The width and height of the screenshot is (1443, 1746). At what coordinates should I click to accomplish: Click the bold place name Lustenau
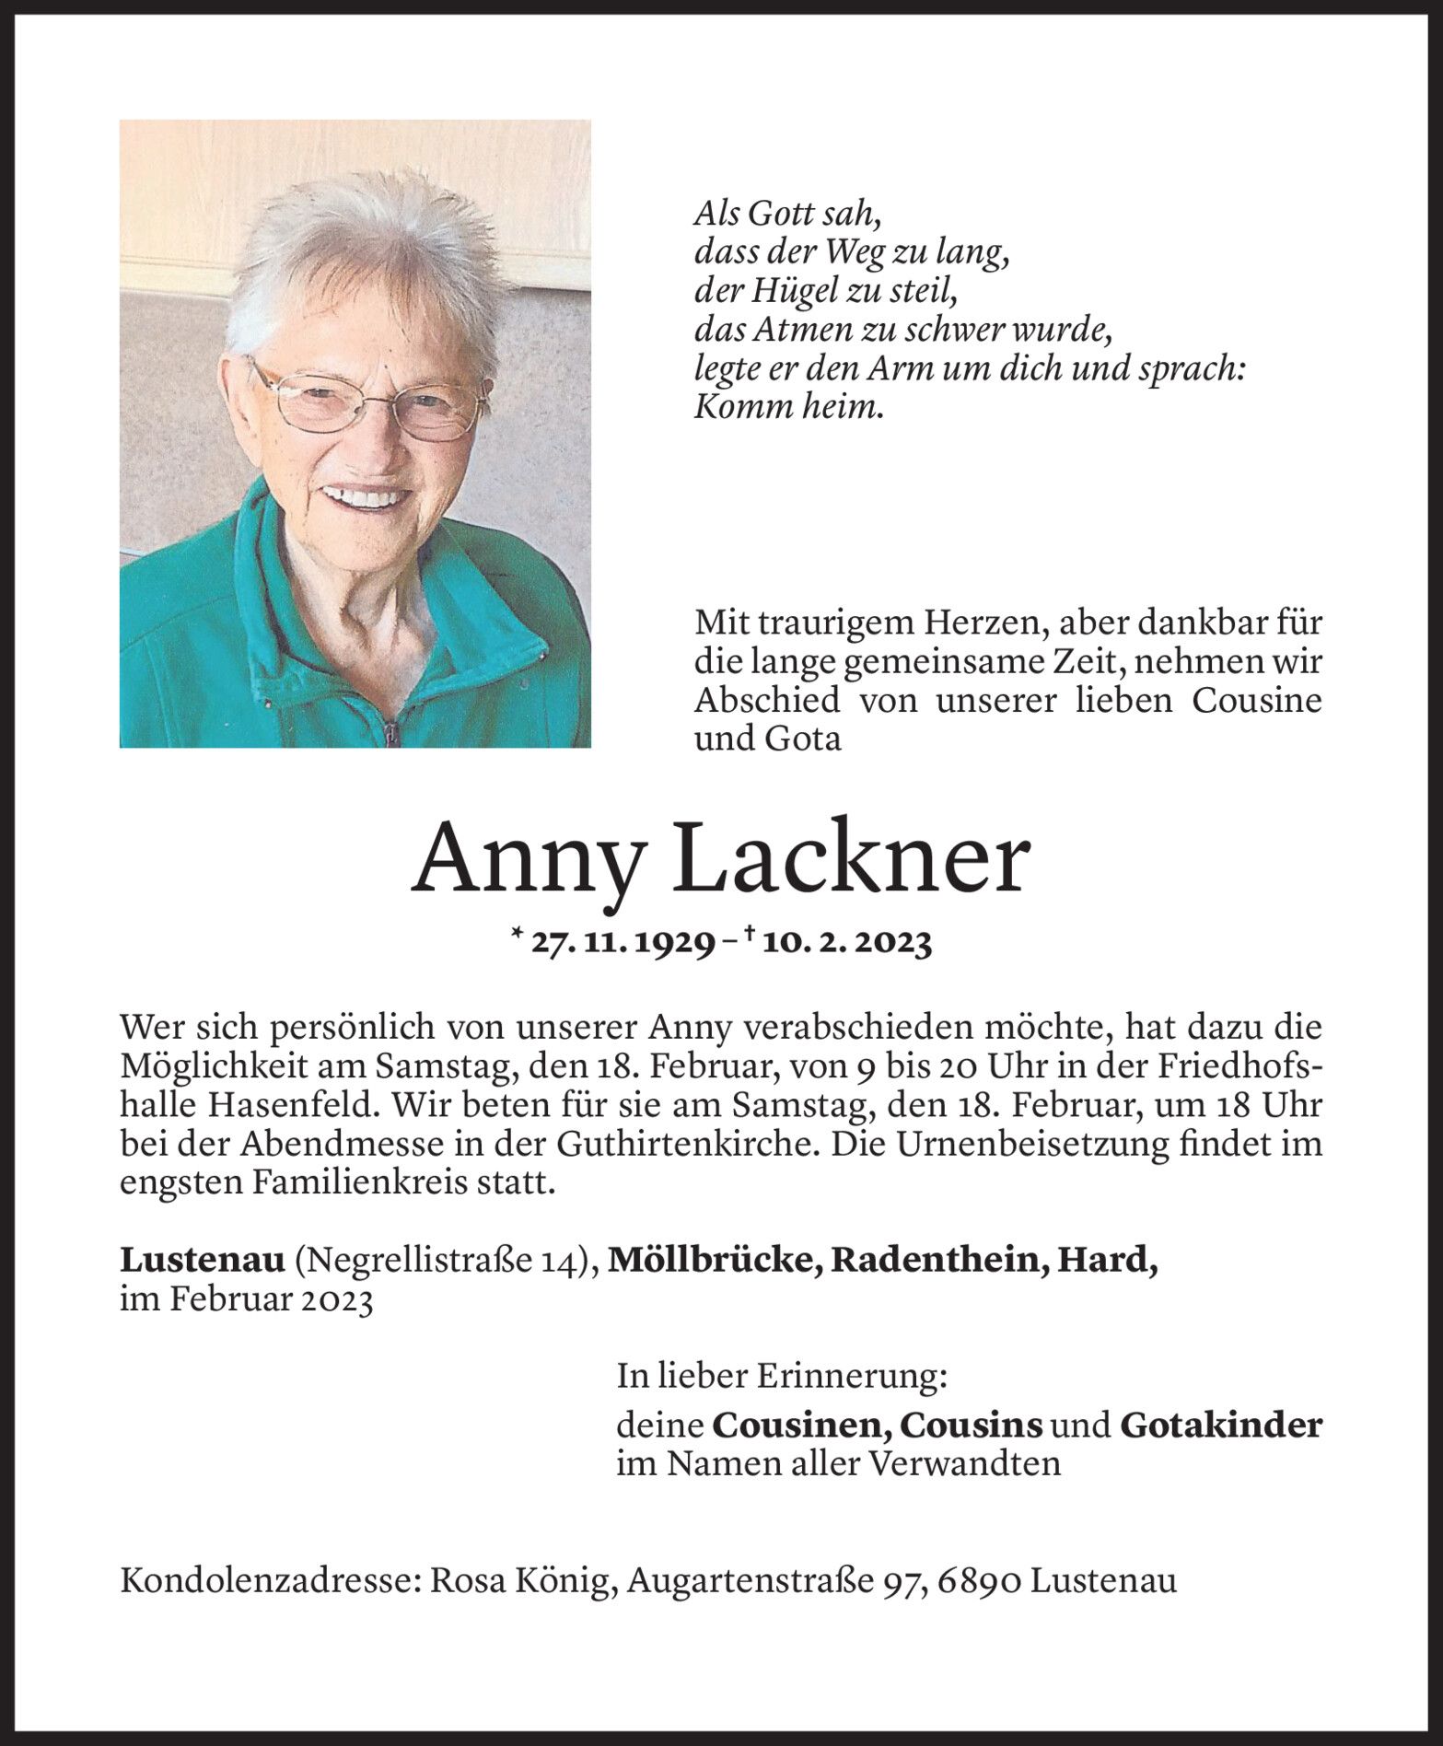click(202, 1261)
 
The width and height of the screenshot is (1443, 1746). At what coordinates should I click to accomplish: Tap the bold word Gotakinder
click(1221, 1426)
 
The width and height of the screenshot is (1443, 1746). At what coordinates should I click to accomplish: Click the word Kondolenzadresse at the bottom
click(270, 1582)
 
